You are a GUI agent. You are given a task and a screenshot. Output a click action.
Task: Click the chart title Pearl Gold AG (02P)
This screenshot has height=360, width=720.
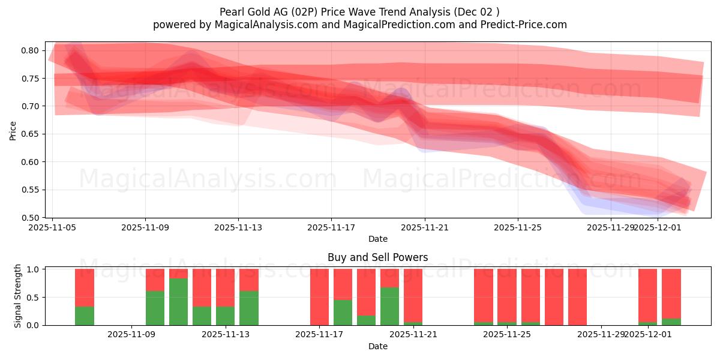(x=359, y=11)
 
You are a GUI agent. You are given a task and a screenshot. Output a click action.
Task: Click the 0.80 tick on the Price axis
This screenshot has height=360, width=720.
(x=31, y=50)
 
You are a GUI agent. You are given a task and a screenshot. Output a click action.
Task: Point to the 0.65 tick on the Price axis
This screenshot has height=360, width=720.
(x=31, y=134)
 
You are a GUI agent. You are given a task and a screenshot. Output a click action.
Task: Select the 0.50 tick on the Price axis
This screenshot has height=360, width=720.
(x=31, y=217)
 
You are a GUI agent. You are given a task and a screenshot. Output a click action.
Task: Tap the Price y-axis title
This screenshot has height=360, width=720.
(x=13, y=130)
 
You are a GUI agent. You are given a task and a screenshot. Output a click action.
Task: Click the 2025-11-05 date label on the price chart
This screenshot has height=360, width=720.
(x=53, y=227)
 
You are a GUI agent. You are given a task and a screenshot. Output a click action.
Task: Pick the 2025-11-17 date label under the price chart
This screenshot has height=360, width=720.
(x=331, y=227)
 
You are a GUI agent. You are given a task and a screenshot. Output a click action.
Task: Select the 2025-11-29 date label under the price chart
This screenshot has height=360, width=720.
(x=610, y=227)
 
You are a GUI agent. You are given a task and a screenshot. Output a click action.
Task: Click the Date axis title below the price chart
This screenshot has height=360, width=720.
(x=377, y=239)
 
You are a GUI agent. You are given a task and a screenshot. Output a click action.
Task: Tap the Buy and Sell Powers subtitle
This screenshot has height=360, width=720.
(x=377, y=257)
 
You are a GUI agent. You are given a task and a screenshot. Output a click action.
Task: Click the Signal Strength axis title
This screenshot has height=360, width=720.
(x=18, y=296)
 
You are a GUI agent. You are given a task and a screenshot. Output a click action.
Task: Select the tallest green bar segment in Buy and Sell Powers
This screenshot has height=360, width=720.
(x=178, y=302)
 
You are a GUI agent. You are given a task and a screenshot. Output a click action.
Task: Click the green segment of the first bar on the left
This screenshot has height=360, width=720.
(x=85, y=316)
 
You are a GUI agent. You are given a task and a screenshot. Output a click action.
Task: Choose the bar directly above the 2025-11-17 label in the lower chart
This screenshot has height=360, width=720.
(x=320, y=297)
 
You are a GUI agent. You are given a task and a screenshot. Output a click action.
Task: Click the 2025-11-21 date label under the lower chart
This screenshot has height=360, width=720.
(x=413, y=335)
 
